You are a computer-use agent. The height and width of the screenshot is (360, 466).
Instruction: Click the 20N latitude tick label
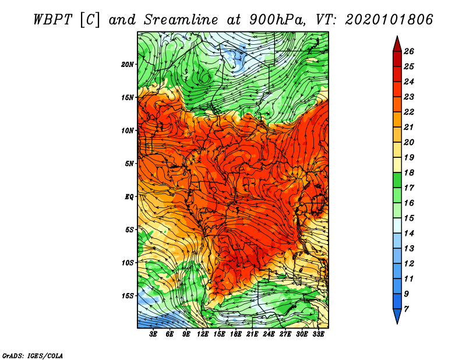tap(128, 65)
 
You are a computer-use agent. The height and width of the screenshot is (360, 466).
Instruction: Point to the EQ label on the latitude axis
tap(129, 197)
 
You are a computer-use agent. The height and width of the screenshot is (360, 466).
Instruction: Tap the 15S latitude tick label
tap(128, 296)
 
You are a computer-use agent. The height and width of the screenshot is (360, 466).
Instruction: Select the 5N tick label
tap(129, 164)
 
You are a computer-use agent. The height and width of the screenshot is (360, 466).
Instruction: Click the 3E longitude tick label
tap(153, 334)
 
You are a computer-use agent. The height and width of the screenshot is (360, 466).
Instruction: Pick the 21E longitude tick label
tap(252, 334)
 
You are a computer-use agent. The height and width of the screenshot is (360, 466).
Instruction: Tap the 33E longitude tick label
tap(318, 334)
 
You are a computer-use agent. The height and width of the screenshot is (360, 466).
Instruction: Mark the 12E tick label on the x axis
tap(202, 334)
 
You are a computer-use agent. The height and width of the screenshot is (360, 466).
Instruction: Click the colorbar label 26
tap(409, 51)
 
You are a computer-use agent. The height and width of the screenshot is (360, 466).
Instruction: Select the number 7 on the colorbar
tap(406, 309)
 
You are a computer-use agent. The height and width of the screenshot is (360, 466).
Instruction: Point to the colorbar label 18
tap(409, 172)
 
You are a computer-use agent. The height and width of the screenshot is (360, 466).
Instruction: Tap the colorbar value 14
tap(409, 234)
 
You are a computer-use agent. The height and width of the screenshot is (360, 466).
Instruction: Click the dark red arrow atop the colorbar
tap(397, 45)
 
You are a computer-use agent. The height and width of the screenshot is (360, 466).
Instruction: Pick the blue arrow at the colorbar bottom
tap(397, 316)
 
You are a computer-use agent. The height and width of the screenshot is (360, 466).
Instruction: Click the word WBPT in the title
tap(52, 20)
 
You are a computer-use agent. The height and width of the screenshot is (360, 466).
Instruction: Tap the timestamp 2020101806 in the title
tap(389, 20)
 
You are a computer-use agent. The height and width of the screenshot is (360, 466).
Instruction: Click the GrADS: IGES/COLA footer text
tap(33, 356)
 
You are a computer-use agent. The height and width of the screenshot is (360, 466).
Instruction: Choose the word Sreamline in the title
tap(181, 20)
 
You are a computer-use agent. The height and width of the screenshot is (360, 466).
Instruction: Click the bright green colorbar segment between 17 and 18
tap(397, 180)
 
